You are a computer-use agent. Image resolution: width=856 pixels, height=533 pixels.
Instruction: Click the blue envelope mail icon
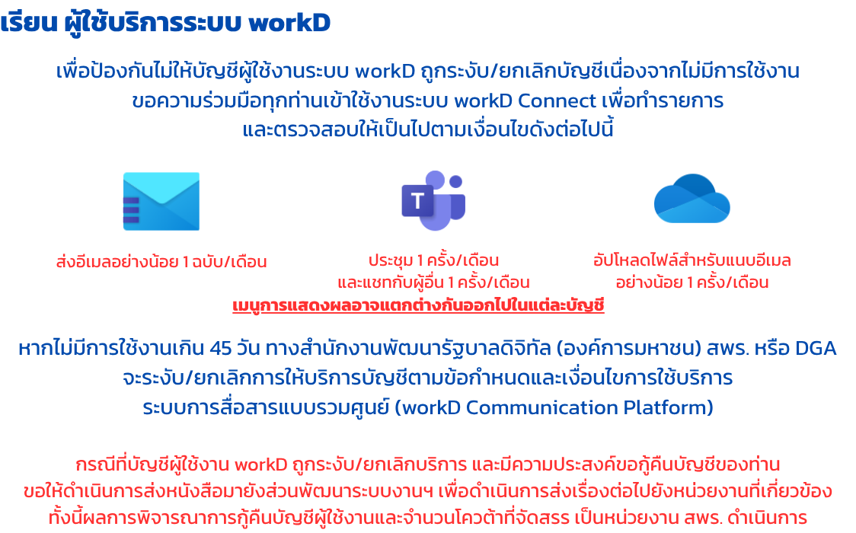coord(161,201)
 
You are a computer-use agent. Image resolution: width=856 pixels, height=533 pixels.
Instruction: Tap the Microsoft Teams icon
coord(433,200)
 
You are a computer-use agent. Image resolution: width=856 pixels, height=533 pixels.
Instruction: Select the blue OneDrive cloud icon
coord(692,199)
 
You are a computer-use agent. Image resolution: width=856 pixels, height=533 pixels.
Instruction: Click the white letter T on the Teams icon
coord(417,201)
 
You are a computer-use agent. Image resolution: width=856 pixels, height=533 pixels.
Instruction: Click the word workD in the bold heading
coord(289,23)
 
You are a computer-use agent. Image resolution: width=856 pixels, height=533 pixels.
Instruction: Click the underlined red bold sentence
coord(418,305)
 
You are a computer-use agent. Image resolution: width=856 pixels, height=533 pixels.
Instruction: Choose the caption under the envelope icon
coord(161,262)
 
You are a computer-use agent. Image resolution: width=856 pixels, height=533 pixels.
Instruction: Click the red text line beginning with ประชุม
coord(433,260)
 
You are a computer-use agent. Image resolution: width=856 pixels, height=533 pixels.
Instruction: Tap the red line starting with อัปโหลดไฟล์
coord(692,260)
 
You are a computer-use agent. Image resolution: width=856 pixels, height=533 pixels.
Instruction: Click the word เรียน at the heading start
coord(29,23)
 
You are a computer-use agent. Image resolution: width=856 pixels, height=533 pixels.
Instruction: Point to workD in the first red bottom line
coord(261,464)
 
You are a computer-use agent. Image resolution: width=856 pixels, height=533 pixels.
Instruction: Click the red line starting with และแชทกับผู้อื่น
coord(433,282)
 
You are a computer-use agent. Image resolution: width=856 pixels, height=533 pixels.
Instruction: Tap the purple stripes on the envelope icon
coord(131,210)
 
